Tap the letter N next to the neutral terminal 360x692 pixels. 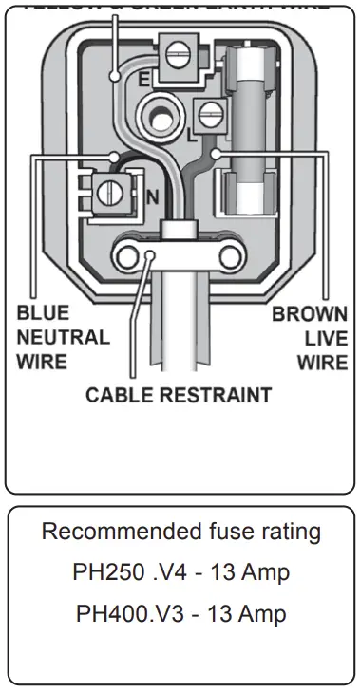(x=150, y=197)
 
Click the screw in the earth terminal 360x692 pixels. (x=175, y=55)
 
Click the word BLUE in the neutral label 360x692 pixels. (x=44, y=313)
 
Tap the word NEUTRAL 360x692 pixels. (x=63, y=337)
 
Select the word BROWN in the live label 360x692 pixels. (x=310, y=315)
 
